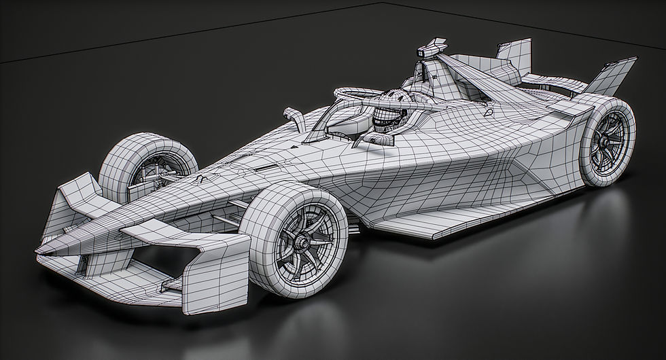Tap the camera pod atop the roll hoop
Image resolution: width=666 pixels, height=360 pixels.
430,49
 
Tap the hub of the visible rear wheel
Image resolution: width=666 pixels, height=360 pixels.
602,143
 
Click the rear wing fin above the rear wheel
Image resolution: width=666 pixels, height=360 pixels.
612,77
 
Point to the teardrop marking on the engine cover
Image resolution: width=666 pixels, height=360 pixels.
489,113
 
